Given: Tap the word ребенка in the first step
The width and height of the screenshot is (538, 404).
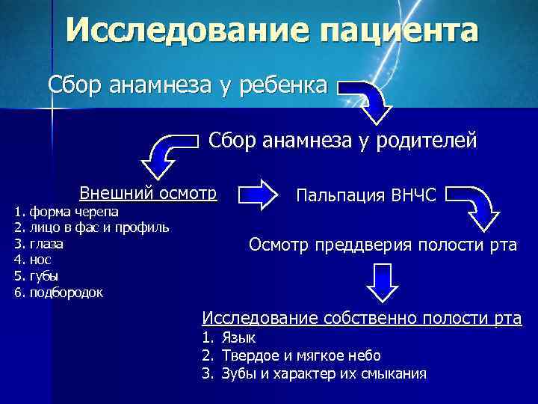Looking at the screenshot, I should click(284, 85).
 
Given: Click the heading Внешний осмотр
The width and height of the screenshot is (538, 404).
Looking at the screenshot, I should click(148, 192).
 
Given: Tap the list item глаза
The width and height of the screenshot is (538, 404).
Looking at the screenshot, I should click(46, 243).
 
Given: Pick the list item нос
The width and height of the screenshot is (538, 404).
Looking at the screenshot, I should click(40, 260).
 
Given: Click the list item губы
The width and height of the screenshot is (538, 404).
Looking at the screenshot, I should click(43, 275).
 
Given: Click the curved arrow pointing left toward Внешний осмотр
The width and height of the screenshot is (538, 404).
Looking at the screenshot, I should click(169, 153).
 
